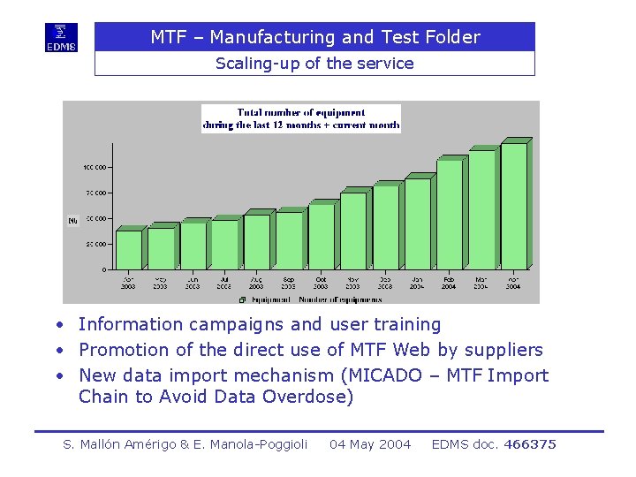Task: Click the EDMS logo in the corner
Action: (x=62, y=37)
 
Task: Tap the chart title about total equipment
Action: (x=301, y=118)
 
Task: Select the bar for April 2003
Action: (x=129, y=249)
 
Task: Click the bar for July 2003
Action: (x=224, y=244)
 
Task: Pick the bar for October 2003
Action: (x=321, y=236)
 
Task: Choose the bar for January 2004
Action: (x=417, y=223)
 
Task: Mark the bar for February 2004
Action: (x=449, y=214)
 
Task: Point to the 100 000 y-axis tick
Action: (x=95, y=167)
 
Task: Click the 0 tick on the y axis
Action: (x=104, y=269)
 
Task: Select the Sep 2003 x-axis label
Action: (x=289, y=283)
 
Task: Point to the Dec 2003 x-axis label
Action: (x=385, y=283)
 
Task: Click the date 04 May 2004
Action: (x=370, y=444)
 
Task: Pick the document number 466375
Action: (x=529, y=444)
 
